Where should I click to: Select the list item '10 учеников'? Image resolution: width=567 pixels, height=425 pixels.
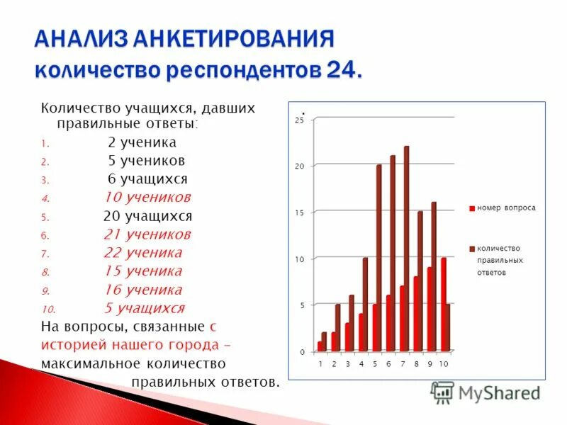point(147,197)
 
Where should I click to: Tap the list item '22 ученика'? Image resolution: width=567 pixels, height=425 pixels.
point(142,252)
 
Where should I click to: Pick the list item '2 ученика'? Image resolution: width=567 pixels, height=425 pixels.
point(142,142)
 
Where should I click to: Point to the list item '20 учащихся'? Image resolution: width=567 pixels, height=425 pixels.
point(147,216)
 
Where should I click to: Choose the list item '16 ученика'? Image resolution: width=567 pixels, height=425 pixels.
point(142,289)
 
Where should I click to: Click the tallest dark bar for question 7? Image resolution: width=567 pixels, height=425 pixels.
point(407,248)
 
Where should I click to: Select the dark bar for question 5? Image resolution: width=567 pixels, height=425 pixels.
point(379,258)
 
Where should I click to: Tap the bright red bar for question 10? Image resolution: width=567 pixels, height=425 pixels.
point(444,305)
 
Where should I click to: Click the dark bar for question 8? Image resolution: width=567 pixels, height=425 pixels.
point(420,280)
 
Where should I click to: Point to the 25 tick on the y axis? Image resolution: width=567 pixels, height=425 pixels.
point(299,120)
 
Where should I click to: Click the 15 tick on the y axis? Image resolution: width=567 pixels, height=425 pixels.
point(299,213)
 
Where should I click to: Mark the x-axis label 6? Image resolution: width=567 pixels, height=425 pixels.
point(389,364)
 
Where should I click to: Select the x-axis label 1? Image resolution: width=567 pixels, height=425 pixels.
point(320,364)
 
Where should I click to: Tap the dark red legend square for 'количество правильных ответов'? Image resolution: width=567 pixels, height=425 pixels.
point(471,249)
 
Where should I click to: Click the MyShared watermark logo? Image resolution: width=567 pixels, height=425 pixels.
point(485,392)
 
